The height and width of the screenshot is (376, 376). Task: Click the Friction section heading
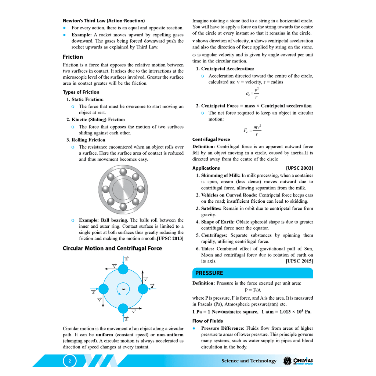point(73,57)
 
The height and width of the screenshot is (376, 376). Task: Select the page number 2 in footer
point(69,361)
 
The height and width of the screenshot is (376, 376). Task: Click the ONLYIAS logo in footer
point(298,361)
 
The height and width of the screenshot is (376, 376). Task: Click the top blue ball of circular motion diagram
point(123,269)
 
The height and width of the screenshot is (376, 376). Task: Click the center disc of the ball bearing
point(123,189)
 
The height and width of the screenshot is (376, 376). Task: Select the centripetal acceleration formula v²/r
point(253,94)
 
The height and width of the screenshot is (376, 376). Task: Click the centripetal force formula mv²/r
point(253,131)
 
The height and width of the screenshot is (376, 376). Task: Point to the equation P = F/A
point(253,290)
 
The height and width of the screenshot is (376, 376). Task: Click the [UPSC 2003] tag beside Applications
point(299,168)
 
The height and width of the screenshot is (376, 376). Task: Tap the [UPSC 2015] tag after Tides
point(299,261)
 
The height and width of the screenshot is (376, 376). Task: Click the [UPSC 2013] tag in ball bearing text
point(170,239)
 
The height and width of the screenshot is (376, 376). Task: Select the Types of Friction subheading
point(81,92)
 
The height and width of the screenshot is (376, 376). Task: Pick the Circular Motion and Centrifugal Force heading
point(112,249)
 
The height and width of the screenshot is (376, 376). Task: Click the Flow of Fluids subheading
point(207,321)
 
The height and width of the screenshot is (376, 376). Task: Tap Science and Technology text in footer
point(249,361)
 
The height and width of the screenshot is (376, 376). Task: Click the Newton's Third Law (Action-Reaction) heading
point(104,21)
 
